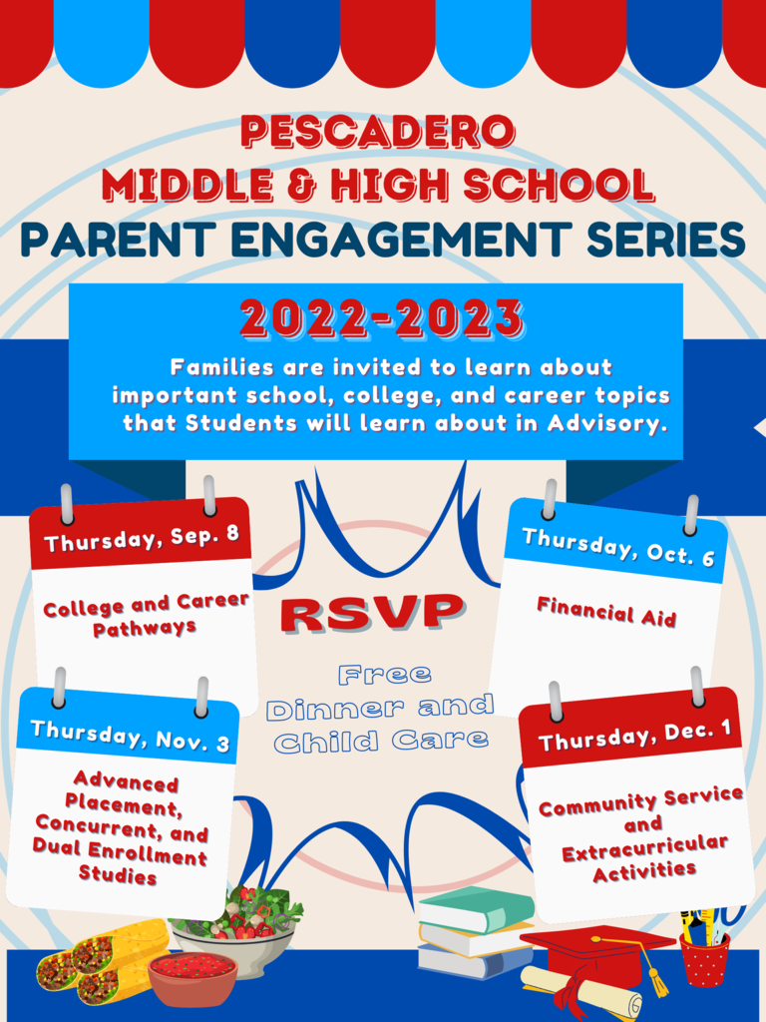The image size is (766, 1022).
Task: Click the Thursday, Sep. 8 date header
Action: coord(142,539)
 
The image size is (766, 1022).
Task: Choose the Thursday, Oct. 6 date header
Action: coord(618,547)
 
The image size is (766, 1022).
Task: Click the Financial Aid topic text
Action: coord(606,612)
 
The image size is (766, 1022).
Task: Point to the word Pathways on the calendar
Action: coord(144,628)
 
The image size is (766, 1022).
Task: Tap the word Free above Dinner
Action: coord(384,674)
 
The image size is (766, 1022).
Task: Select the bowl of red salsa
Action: coord(191,978)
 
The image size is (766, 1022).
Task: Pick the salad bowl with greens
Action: coord(235,925)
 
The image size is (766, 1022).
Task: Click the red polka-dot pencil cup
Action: coord(704,958)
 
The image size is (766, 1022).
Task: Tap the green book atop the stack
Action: coord(475,907)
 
